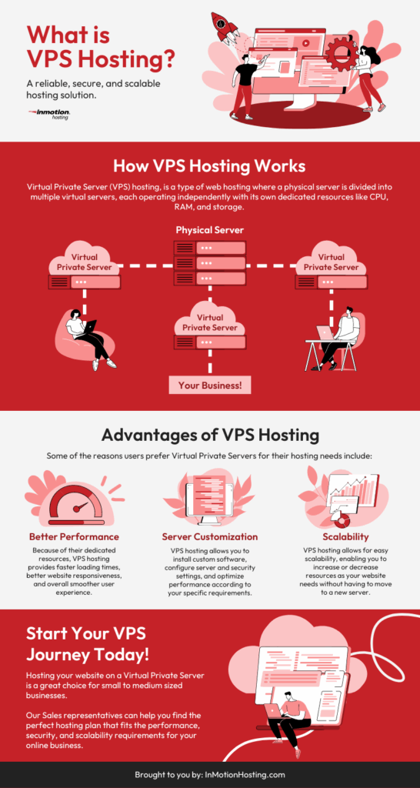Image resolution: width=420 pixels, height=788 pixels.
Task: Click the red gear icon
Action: (x=340, y=54)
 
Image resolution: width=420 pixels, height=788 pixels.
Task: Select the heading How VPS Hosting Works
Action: (x=209, y=166)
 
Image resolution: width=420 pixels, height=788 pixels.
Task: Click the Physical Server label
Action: (x=210, y=229)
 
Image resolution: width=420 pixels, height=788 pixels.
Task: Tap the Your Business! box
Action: (x=210, y=385)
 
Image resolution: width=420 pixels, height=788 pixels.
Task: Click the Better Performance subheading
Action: (x=74, y=536)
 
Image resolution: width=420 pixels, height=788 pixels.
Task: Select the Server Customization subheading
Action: (x=209, y=536)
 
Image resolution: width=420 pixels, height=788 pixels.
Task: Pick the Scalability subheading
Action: (x=346, y=536)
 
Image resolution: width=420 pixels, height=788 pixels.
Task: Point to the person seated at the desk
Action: (x=338, y=335)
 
